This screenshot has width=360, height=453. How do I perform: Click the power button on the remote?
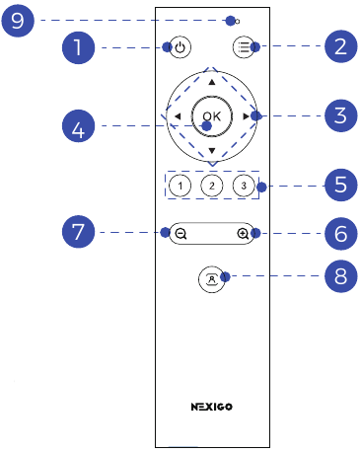click(180, 46)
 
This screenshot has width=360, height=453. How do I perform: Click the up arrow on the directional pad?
click(211, 83)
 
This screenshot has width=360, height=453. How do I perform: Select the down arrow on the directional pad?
click(211, 149)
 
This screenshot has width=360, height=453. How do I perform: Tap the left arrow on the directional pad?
click(177, 116)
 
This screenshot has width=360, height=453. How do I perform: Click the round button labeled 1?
click(180, 186)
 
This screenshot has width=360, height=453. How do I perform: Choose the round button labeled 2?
click(211, 186)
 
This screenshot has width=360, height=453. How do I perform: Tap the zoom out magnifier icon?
click(181, 234)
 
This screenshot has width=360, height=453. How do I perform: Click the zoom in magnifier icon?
click(243, 234)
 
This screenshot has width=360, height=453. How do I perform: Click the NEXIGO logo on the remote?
click(211, 406)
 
